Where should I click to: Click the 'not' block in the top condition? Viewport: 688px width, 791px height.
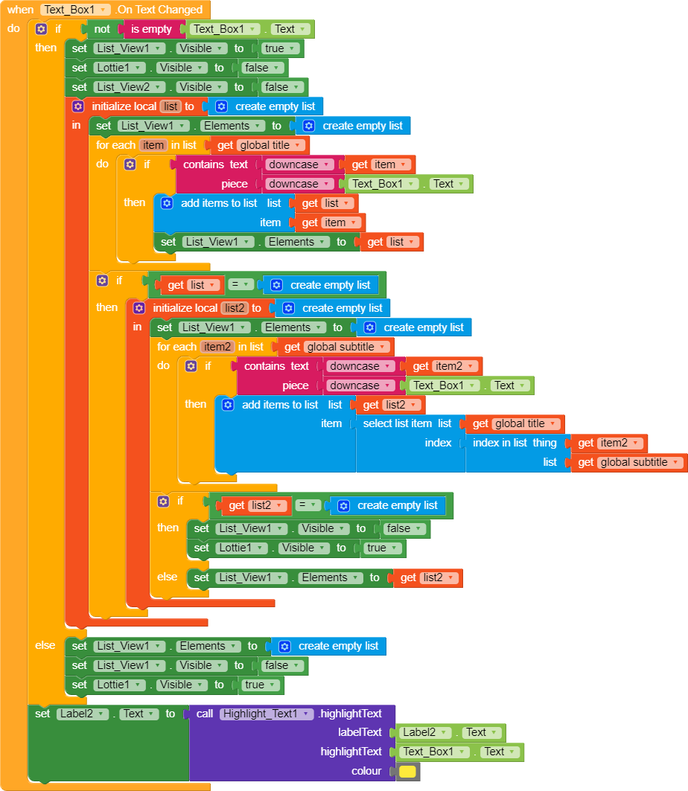(x=101, y=29)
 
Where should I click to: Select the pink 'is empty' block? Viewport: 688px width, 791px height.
(x=151, y=29)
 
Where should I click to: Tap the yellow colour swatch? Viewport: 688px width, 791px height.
(x=407, y=771)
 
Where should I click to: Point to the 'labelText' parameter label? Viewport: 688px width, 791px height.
(x=360, y=732)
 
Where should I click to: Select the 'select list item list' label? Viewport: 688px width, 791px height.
(x=407, y=423)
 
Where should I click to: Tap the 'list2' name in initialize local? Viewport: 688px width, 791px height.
(x=233, y=308)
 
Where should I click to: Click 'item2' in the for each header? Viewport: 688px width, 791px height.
(x=218, y=347)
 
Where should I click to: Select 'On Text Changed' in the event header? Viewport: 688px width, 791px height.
(x=159, y=10)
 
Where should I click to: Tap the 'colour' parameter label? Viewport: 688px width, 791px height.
(x=366, y=771)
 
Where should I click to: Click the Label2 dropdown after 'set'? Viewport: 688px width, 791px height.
(x=83, y=714)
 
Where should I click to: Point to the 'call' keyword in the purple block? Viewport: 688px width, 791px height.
(x=205, y=714)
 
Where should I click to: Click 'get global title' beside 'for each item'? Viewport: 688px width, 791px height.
(x=261, y=145)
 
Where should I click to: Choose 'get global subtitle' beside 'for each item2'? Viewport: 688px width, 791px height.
(x=336, y=347)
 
